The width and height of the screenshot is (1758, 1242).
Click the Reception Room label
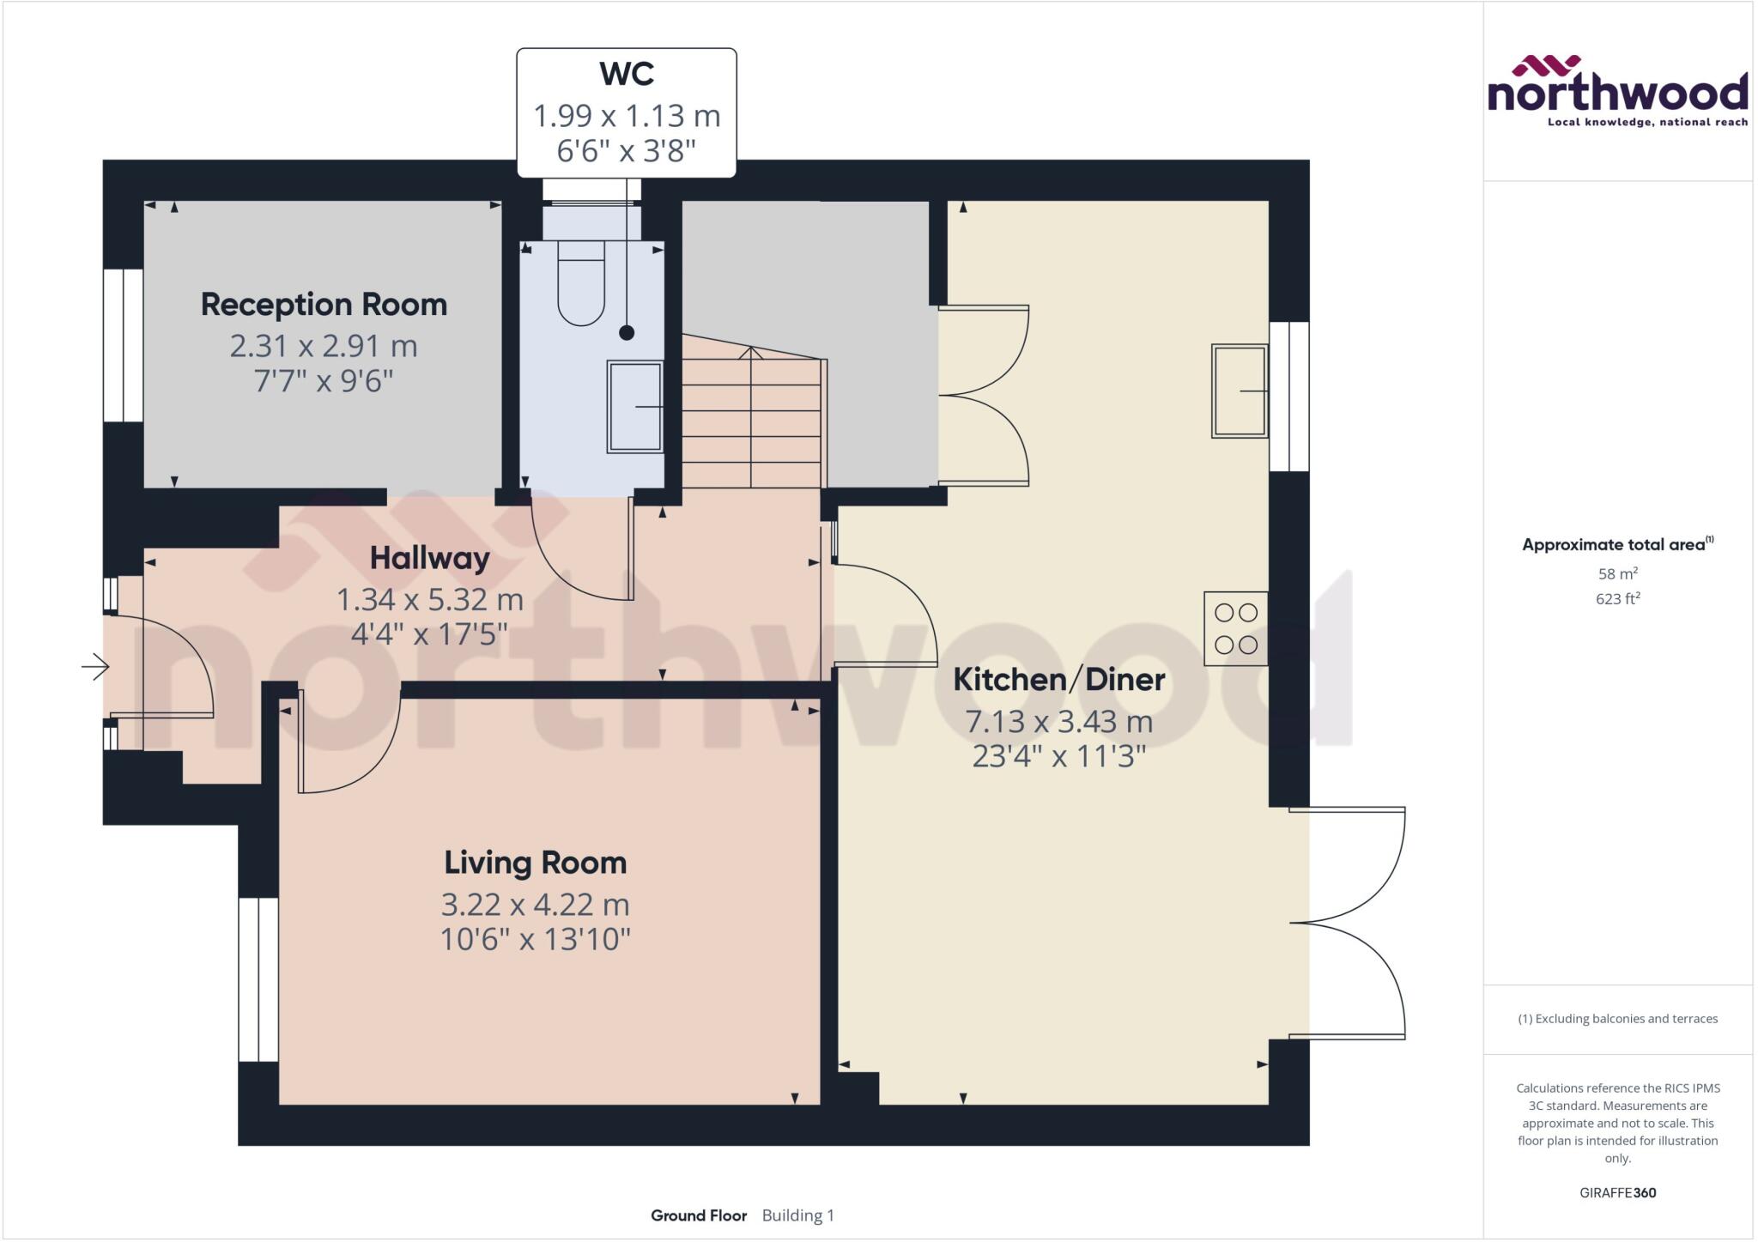324,305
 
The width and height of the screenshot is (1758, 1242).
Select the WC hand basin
634,406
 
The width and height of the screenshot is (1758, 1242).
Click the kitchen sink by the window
1240,391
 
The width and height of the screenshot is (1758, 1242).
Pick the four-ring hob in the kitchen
1235,629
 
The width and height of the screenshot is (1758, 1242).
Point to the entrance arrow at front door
95,666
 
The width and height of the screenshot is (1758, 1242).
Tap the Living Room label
535,863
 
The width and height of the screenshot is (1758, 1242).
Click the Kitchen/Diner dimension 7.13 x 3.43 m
1058,722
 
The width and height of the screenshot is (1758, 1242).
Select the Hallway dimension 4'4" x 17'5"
429,634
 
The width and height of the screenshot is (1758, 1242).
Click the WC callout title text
627,74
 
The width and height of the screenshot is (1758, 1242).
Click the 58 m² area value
1617,573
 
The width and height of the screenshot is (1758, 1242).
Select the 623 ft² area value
1617,599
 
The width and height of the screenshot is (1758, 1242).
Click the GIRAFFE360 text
1617,1192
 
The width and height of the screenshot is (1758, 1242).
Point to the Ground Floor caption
699,1215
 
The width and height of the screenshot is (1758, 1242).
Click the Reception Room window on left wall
124,346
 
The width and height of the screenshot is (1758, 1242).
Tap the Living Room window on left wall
258,979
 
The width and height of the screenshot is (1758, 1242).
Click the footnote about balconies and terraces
1617,1019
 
